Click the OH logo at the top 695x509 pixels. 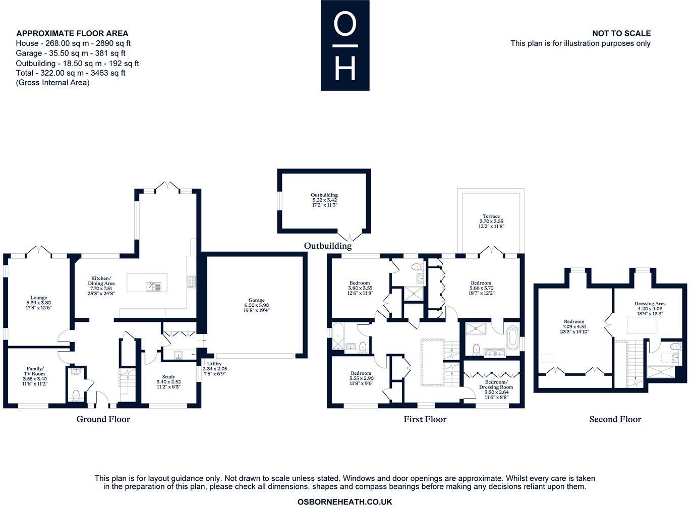click(345, 45)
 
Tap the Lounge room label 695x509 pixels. click(38, 302)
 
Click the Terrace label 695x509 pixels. click(491, 221)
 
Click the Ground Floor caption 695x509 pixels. click(103, 419)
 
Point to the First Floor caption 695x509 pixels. click(425, 419)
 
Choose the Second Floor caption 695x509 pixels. click(615, 419)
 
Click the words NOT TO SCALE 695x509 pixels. click(621, 33)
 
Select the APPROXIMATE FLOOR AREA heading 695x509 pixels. click(72, 34)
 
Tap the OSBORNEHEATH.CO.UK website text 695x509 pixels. click(345, 502)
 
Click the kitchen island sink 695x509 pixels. click(153, 287)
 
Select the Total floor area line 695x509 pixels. click(71, 73)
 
